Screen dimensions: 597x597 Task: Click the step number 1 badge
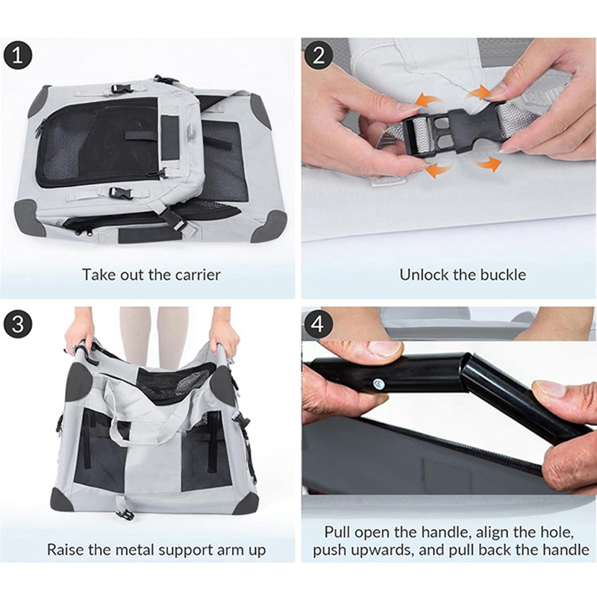pos(18,54)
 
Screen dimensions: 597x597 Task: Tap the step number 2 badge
pos(318,54)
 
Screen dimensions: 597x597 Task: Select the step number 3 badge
pos(18,324)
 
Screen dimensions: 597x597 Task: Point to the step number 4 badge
pos(318,324)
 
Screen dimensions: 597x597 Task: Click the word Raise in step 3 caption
pos(66,550)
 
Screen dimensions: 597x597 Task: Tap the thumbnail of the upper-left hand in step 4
pos(384,348)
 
